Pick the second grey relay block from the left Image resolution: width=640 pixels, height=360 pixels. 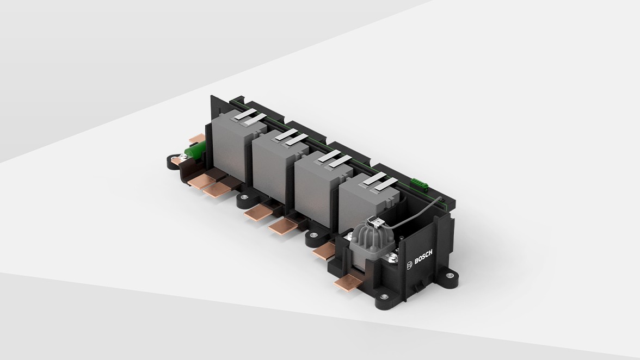275,166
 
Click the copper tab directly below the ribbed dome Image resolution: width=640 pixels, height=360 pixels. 348,282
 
